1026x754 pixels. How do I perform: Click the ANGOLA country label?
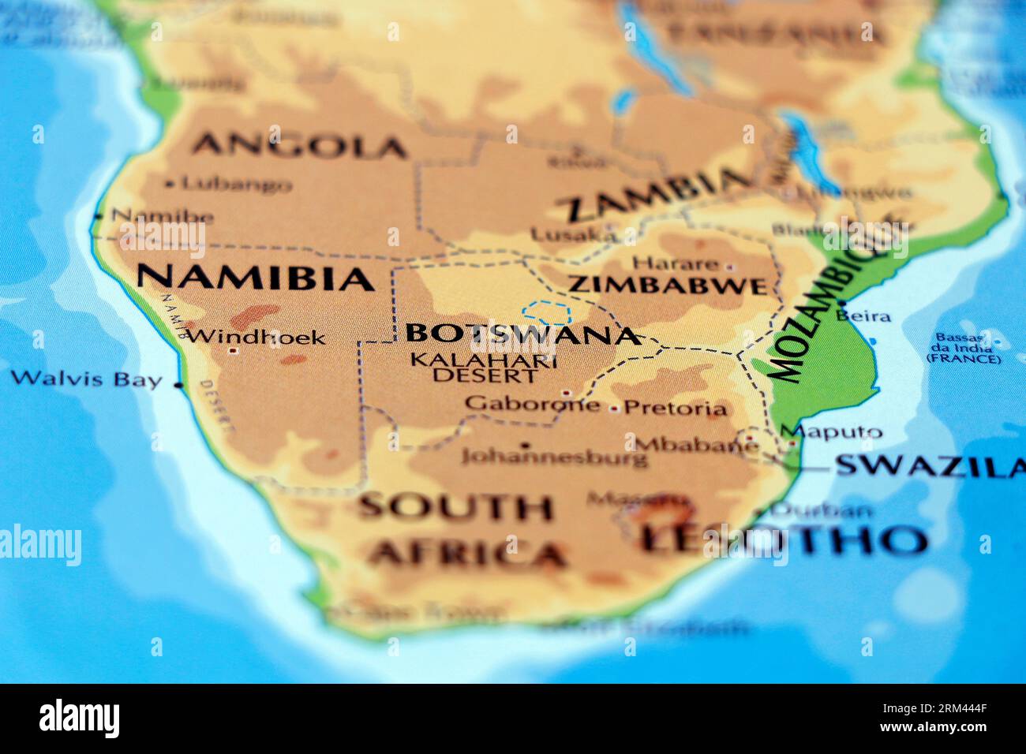[x=299, y=146]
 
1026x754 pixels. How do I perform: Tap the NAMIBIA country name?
[x=254, y=278]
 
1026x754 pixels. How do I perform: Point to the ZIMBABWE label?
[x=668, y=285]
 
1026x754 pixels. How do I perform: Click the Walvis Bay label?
[x=85, y=379]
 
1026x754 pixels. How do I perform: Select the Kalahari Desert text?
[x=484, y=368]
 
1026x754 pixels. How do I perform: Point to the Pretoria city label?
[x=675, y=409]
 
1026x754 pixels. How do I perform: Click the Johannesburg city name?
[x=554, y=457]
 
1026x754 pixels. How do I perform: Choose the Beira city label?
[x=863, y=316]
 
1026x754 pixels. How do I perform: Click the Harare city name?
[x=676, y=263]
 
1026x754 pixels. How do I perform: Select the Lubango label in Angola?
[x=236, y=185]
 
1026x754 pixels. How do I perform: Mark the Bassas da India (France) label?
[x=963, y=348]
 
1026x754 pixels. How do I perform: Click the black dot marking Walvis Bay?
[x=178, y=386]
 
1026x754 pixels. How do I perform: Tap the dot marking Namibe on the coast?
[x=98, y=215]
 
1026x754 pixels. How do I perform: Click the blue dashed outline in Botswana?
[x=545, y=312]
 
